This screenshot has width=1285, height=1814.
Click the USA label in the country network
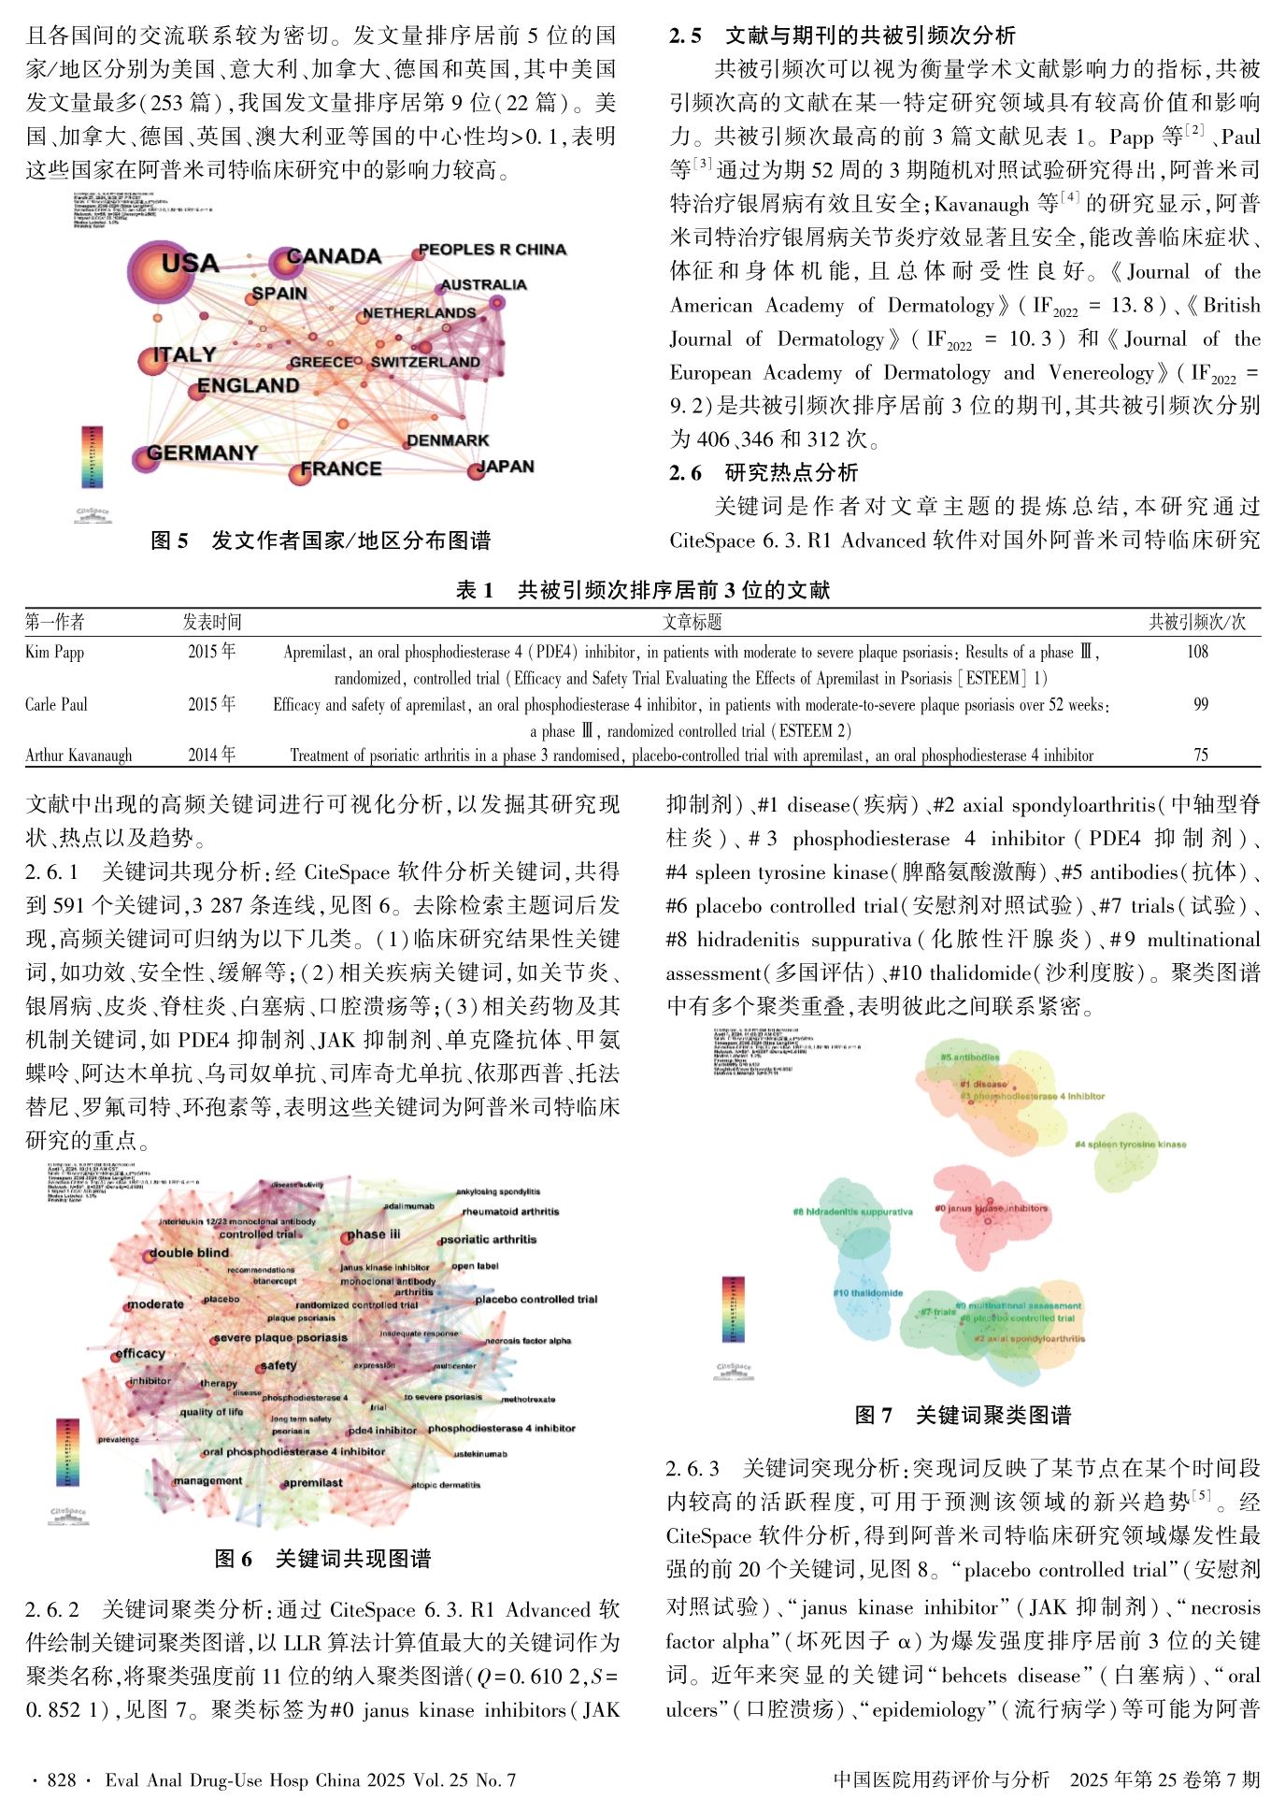click(x=190, y=263)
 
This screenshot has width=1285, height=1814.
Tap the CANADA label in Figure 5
click(x=334, y=256)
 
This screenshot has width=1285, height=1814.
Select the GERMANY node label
click(x=202, y=453)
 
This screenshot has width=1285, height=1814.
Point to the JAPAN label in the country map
click(x=506, y=466)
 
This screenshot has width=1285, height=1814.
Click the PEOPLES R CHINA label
click(x=492, y=250)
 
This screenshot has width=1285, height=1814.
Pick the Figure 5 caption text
click(x=321, y=540)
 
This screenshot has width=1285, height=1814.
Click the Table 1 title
click(x=642, y=590)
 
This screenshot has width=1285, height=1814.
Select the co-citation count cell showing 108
click(x=1197, y=652)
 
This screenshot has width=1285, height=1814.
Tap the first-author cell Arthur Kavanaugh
click(x=79, y=755)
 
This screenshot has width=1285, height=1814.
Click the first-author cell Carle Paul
click(x=56, y=704)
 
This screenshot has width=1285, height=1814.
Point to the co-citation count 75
click(x=1200, y=755)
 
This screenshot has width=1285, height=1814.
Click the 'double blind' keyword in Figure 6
click(x=189, y=1253)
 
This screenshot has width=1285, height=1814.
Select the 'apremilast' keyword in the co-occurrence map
click(x=312, y=1482)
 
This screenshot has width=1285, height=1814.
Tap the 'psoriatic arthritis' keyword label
click(x=488, y=1239)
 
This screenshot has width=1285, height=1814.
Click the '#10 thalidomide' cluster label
click(x=867, y=1293)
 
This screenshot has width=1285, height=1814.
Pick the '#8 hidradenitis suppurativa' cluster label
click(x=852, y=1212)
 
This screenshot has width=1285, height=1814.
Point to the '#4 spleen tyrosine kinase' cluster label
click(x=1130, y=1144)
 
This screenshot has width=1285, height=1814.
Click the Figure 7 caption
click(x=963, y=1416)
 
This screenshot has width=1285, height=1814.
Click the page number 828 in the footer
click(x=62, y=1780)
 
